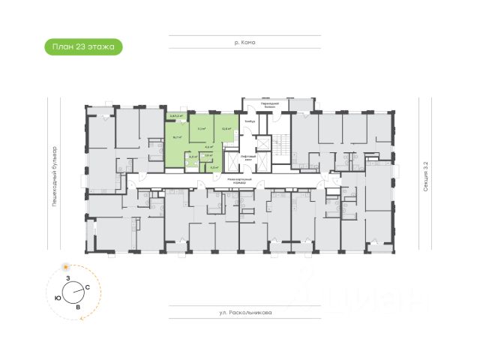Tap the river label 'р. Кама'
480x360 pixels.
pyautogui.click(x=245, y=43)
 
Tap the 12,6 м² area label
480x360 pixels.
pyautogui.click(x=226, y=129)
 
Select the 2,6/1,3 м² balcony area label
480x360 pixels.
pyautogui.click(x=176, y=116)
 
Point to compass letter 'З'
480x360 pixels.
pyautogui.click(x=68, y=278)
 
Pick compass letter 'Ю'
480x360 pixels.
pyautogui.click(x=58, y=298)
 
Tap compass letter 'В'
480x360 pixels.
pyautogui.click(x=77, y=307)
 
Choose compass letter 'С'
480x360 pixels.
pyautogui.click(x=88, y=288)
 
